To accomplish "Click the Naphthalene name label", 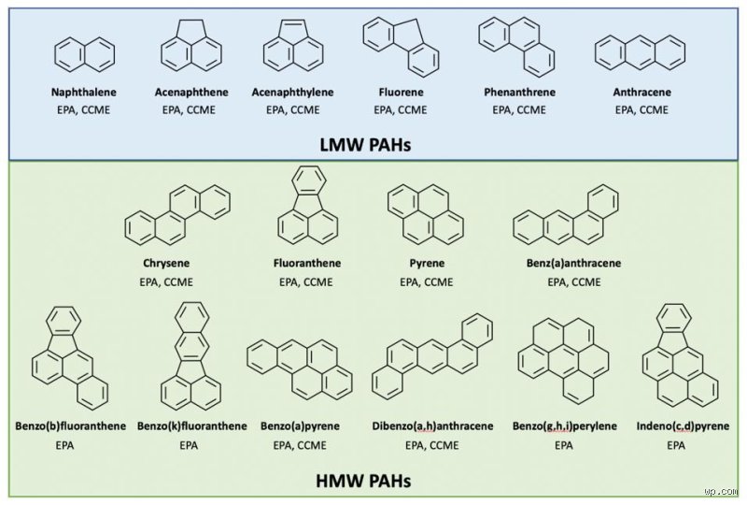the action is click(x=84, y=93).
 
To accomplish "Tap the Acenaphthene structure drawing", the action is click(x=191, y=45).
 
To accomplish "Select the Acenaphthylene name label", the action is click(x=292, y=93).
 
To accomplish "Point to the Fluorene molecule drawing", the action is click(x=401, y=47).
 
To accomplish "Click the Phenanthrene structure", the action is click(x=516, y=47).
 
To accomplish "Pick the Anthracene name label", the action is click(x=641, y=93).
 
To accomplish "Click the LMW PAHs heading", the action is click(x=365, y=144).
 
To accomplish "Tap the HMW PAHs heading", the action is click(x=363, y=480).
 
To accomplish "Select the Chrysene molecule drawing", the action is click(x=177, y=215).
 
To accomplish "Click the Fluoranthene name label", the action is click(x=307, y=263).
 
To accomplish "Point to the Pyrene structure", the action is click(x=426, y=214).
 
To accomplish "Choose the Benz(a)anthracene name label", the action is click(x=573, y=263).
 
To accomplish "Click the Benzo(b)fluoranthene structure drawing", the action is click(x=69, y=358).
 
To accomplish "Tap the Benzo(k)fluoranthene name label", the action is click(x=192, y=426).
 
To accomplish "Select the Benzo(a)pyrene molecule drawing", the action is click(x=300, y=368).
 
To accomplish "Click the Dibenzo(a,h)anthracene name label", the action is click(x=432, y=426).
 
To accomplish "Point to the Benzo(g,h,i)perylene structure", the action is click(x=563, y=361).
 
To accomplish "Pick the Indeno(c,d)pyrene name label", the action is click(x=683, y=426).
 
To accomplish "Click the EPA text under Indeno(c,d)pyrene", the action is click(x=676, y=445).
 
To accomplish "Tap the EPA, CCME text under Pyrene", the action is click(x=427, y=282).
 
